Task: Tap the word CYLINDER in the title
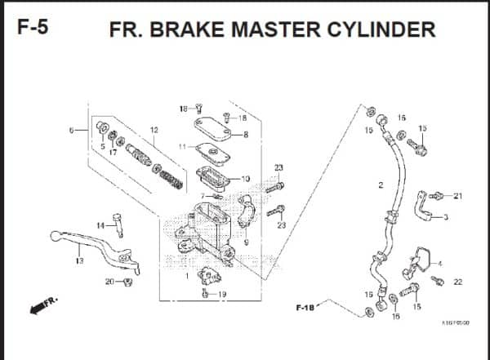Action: (378, 30)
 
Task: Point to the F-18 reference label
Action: (305, 308)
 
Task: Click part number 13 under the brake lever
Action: (79, 261)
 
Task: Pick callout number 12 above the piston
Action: (154, 131)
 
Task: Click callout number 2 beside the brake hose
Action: (381, 185)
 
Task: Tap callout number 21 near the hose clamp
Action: (457, 196)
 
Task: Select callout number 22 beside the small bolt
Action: (457, 282)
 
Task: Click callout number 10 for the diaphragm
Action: (245, 178)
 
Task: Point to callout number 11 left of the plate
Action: (182, 147)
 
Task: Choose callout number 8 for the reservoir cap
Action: (245, 135)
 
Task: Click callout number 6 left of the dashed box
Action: (72, 130)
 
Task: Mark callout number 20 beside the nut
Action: (109, 282)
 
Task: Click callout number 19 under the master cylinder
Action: (222, 294)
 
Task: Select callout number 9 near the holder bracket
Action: (245, 242)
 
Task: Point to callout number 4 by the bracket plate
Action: (439, 263)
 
